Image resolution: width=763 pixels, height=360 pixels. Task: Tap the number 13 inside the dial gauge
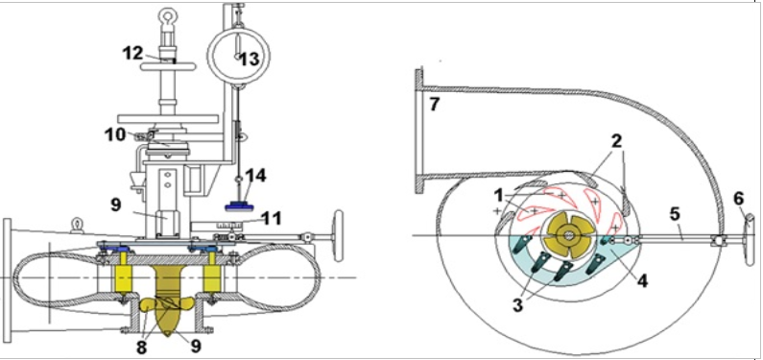(250, 59)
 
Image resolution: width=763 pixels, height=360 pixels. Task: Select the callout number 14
(257, 176)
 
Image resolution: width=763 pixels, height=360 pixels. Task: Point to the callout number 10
(116, 134)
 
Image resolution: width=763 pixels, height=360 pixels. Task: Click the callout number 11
(271, 218)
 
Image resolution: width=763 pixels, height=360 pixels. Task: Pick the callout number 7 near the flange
(434, 104)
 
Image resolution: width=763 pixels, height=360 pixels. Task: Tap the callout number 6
(739, 198)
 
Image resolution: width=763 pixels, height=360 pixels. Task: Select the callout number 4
(642, 280)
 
